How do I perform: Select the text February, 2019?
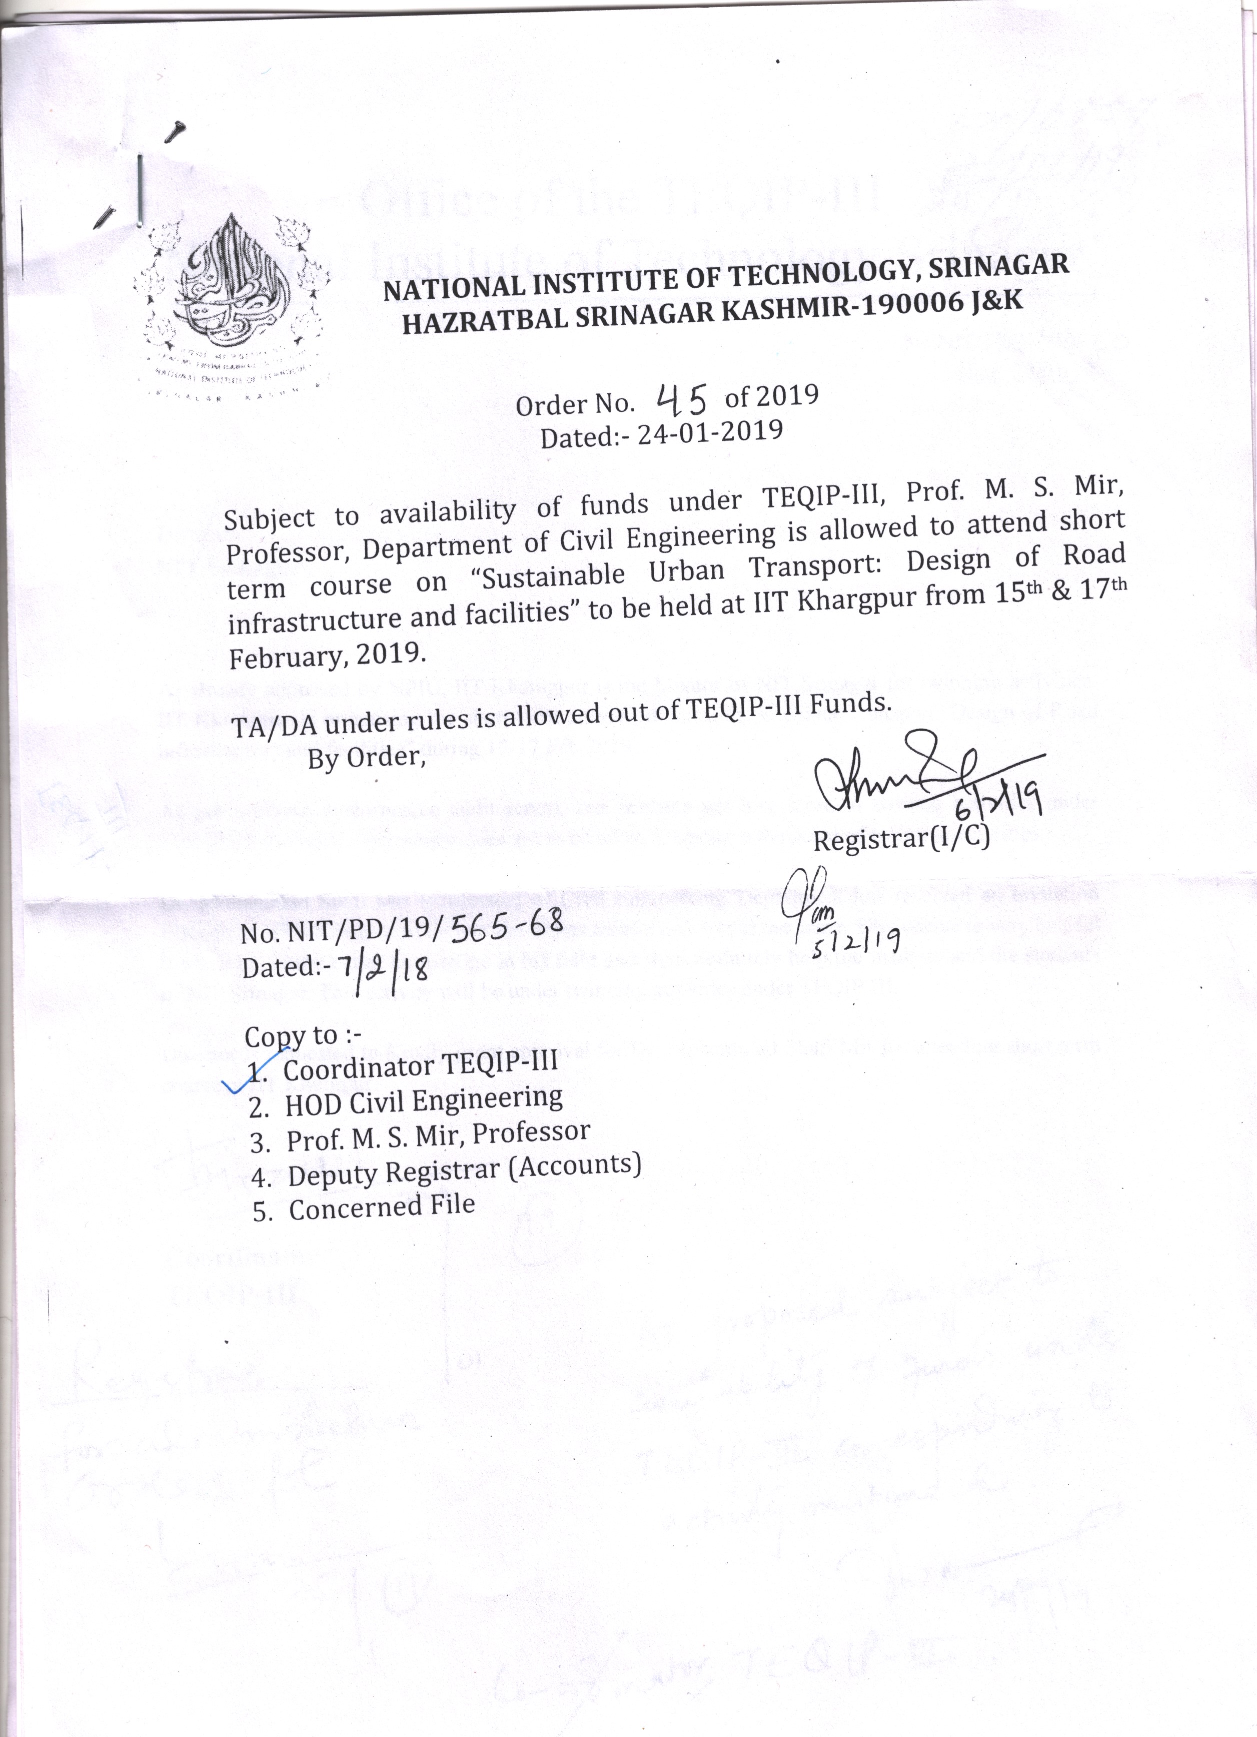325,656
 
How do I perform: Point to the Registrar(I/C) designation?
901,839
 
